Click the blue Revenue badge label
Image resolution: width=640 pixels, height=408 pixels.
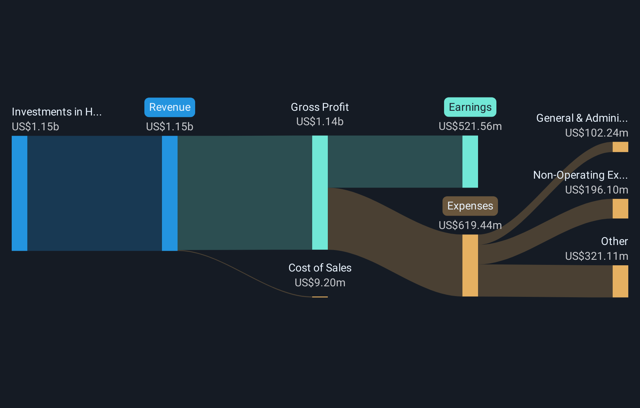coord(170,107)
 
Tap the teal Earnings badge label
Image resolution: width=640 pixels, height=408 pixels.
coord(470,107)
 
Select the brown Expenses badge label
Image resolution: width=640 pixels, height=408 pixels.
coord(470,206)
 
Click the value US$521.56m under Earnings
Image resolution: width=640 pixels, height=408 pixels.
coord(470,126)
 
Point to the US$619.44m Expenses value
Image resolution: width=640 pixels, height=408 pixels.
coord(470,225)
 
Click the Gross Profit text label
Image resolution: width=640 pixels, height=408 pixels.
coord(320,107)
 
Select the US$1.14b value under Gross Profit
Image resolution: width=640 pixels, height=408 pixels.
coord(320,122)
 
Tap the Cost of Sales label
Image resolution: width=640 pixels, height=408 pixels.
coord(320,268)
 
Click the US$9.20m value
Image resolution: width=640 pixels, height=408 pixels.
coord(320,283)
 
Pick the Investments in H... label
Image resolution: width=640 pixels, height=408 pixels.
coord(57,112)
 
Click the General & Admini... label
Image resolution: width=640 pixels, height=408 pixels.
coord(582,118)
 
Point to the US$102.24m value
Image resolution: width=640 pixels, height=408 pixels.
coord(596,133)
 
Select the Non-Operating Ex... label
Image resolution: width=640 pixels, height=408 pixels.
coord(580,175)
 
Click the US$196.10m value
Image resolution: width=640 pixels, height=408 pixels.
coord(596,190)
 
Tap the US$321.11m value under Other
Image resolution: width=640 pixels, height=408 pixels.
coord(596,256)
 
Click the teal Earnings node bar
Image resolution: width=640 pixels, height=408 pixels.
coord(470,161)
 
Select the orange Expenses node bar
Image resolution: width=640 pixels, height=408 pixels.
coord(470,265)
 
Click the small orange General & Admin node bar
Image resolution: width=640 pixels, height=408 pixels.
coord(620,147)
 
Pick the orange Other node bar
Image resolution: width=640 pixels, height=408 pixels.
coord(620,281)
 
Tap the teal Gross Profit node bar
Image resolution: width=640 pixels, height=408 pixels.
coord(320,193)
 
